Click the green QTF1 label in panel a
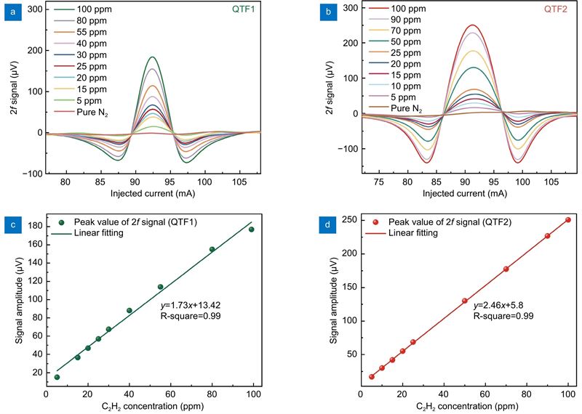click(253, 12)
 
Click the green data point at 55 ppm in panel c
click(160, 287)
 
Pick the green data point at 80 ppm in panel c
click(212, 249)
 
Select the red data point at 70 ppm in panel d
click(506, 269)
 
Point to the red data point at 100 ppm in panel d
click(567, 220)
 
